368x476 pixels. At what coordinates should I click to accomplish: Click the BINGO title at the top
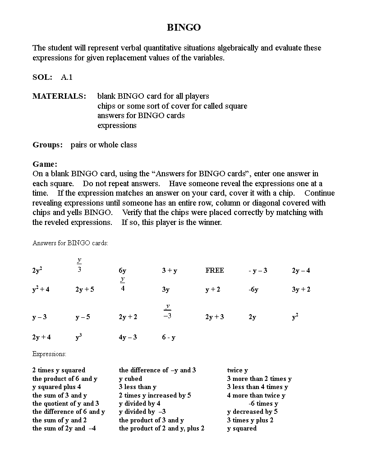pyautogui.click(x=184, y=27)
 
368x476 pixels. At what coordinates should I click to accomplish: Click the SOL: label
pyautogui.click(x=42, y=77)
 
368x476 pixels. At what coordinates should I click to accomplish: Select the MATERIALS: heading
pyautogui.click(x=59, y=96)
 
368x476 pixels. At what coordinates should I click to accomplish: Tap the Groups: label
pyautogui.click(x=48, y=145)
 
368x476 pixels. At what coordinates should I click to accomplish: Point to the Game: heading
pyautogui.click(x=45, y=164)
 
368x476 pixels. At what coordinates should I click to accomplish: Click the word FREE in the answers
pyautogui.click(x=215, y=270)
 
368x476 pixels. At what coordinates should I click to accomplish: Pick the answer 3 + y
pyautogui.click(x=170, y=270)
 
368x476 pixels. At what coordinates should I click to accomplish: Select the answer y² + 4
pyautogui.click(x=41, y=289)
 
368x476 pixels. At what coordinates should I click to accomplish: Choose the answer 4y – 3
pyautogui.click(x=128, y=337)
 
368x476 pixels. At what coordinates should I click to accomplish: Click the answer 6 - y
pyautogui.click(x=169, y=337)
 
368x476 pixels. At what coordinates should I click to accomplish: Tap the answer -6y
pyautogui.click(x=253, y=289)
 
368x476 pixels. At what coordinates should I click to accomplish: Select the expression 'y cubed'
pyautogui.click(x=130, y=379)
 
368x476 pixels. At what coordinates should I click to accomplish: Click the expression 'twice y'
pyautogui.click(x=238, y=370)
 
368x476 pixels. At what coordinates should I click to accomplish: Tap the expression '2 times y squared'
pyautogui.click(x=59, y=370)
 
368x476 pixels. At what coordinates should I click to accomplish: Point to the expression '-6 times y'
pyautogui.click(x=263, y=403)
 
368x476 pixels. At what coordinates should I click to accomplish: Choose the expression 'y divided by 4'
pyautogui.click(x=140, y=403)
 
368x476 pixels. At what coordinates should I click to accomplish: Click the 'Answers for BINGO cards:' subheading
pyautogui.click(x=70, y=243)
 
